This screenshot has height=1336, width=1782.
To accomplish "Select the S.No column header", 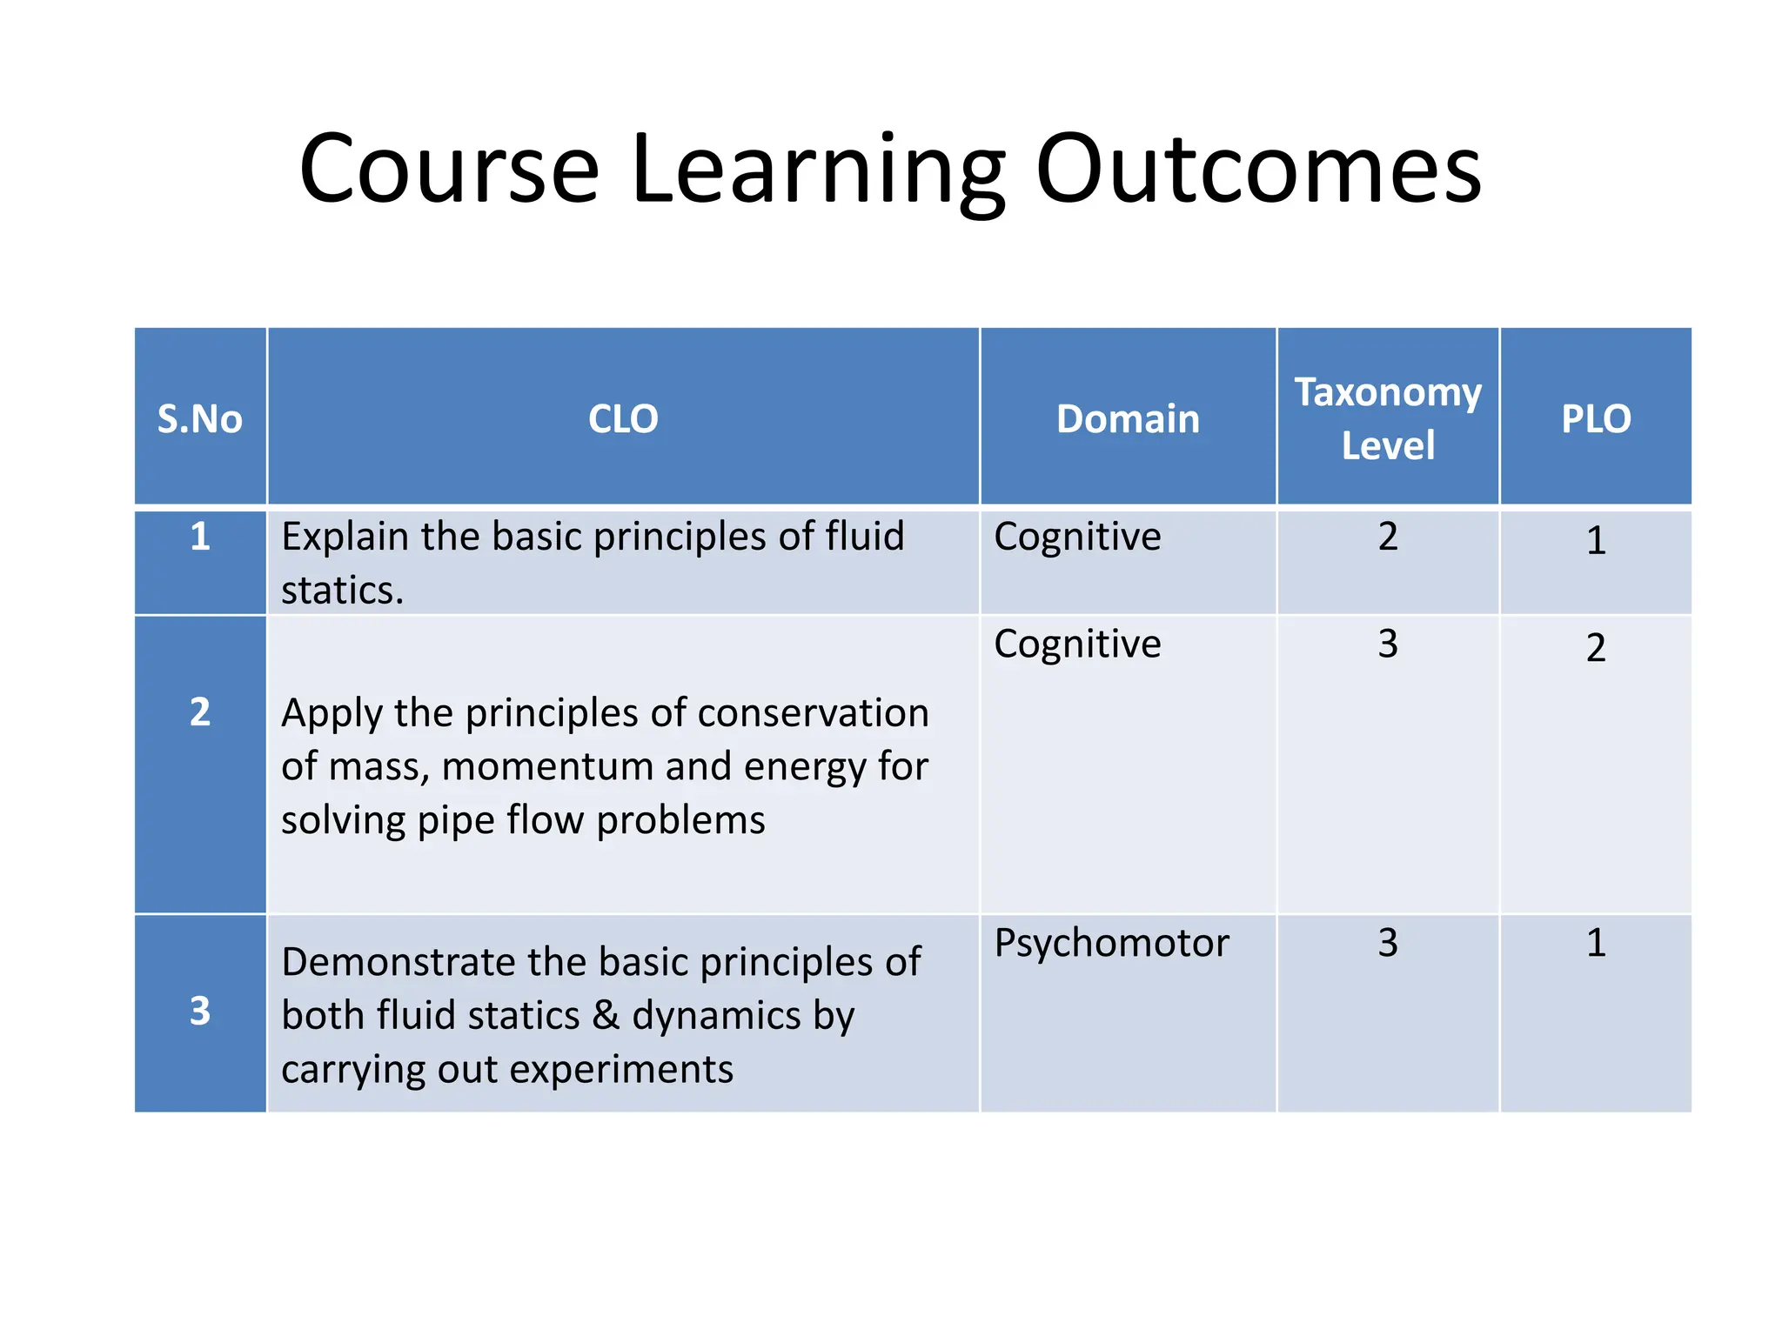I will pyautogui.click(x=199, y=418).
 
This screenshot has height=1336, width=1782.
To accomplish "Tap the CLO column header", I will pyautogui.click(x=623, y=418).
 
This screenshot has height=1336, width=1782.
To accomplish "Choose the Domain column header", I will pyautogui.click(x=1128, y=418).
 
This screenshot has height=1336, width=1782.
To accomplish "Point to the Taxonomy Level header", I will pyautogui.click(x=1388, y=418).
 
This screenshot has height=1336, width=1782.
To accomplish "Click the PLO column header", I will pyautogui.click(x=1596, y=418).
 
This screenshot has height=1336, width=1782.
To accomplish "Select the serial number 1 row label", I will pyautogui.click(x=200, y=536).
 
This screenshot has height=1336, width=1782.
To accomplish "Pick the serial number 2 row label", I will pyautogui.click(x=200, y=711).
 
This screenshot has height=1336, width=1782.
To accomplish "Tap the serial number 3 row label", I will pyautogui.click(x=200, y=1011).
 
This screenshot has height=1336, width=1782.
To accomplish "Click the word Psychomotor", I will pyautogui.click(x=1111, y=944).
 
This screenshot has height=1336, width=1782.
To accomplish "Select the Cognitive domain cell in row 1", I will pyautogui.click(x=1077, y=537).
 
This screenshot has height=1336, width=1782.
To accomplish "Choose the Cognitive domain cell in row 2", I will pyautogui.click(x=1077, y=645).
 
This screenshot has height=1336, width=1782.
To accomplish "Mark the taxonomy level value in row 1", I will pyautogui.click(x=1388, y=536).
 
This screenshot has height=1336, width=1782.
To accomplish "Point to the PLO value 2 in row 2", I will pyautogui.click(x=1596, y=648).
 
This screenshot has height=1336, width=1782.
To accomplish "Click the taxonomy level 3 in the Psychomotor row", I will pyautogui.click(x=1388, y=943).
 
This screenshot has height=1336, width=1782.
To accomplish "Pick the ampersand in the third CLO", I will pyautogui.click(x=606, y=1016).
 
